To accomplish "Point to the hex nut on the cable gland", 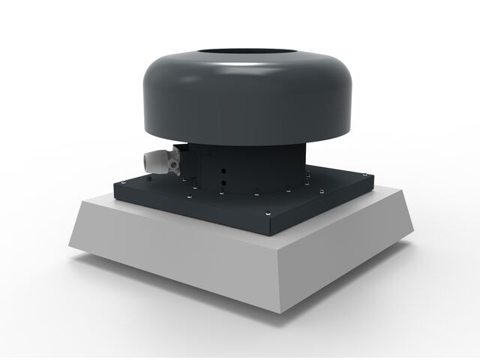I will tap(174, 159).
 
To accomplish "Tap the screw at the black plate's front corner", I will tap(269, 217).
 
